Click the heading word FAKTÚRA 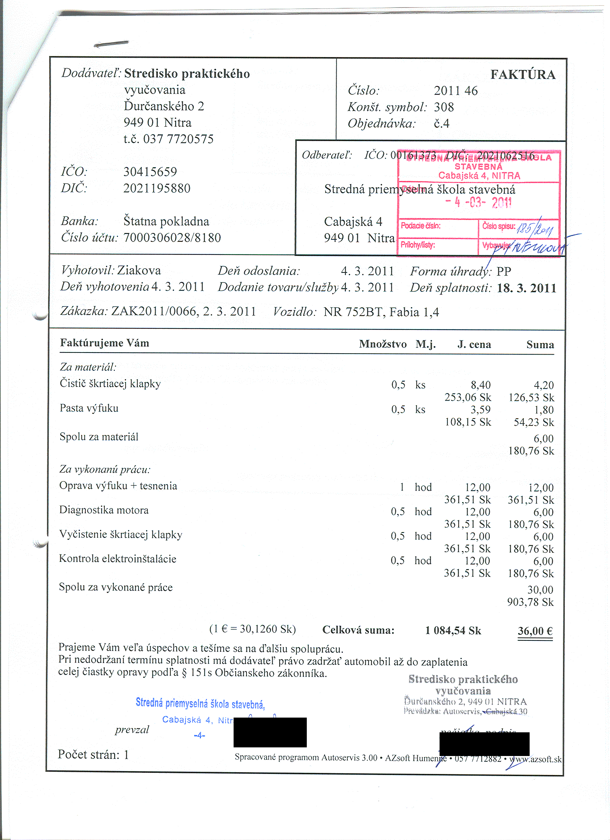point(522,75)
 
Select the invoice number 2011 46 point(455,91)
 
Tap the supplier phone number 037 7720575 point(178,139)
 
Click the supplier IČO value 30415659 point(150,172)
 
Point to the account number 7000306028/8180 point(172,238)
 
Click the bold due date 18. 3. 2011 point(526,288)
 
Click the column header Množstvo point(383,344)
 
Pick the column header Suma point(540,345)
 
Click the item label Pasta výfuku point(89,408)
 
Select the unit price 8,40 point(480,385)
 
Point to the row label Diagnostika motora point(104,510)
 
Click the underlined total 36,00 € point(535,631)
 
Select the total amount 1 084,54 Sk point(453,630)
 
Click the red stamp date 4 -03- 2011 point(478,202)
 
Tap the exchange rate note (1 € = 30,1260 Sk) point(253,629)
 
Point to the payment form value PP point(503,272)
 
